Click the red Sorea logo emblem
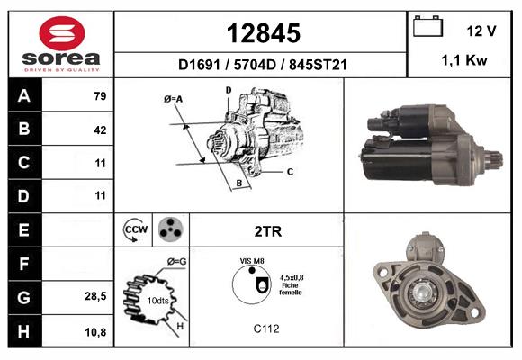62,33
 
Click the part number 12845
264,33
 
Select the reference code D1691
199,65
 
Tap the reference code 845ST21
318,65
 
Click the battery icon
427,26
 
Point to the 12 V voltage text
481,31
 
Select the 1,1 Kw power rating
464,60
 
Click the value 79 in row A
100,96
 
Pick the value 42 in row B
100,130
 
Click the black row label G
25,297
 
